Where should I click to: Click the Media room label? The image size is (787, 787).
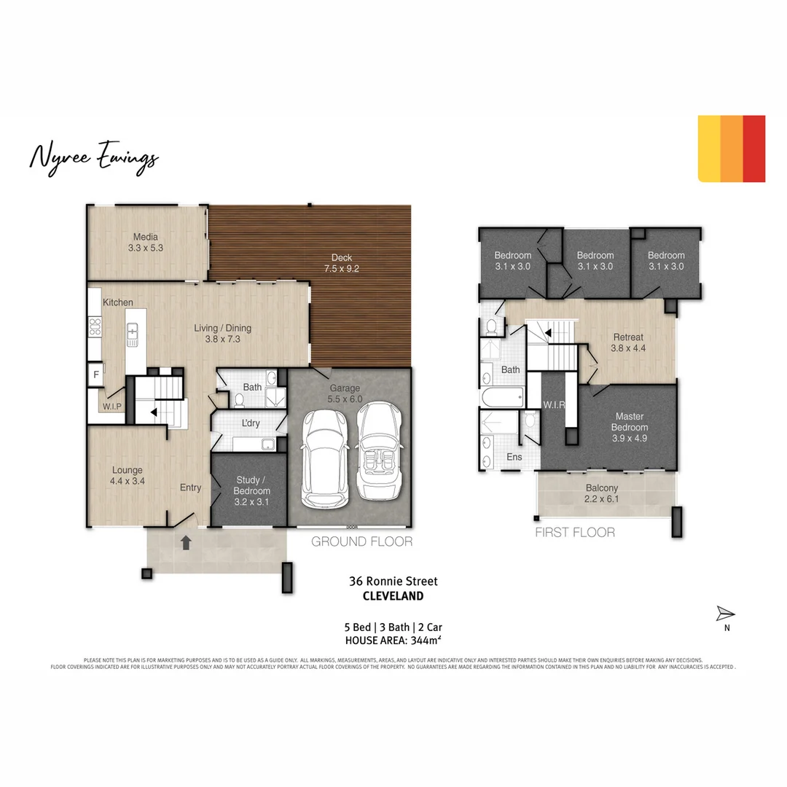coord(146,242)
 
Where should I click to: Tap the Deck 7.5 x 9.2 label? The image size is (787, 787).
coord(341,263)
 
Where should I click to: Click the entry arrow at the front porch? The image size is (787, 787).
coord(186,542)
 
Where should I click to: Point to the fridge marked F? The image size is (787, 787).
coord(95,376)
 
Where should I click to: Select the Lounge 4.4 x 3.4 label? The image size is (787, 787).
coord(128,475)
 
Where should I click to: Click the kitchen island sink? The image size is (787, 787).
coord(133,334)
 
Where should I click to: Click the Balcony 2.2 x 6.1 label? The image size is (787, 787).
coord(602,493)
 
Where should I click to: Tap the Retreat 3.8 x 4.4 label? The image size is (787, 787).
coord(627,342)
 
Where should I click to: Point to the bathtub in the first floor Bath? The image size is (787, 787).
coord(501,398)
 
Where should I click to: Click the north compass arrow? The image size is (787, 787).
coord(726,614)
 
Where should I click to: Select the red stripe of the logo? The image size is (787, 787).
coord(754,149)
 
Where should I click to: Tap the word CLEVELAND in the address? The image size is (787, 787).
coord(393,595)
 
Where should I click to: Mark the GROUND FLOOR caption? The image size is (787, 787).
coord(361,541)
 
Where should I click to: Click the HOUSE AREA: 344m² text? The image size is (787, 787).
coord(393,641)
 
